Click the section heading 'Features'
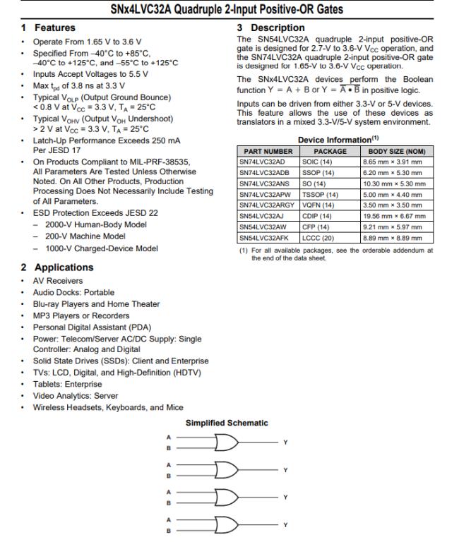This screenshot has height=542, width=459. click(x=54, y=28)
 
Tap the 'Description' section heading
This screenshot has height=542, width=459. click(x=276, y=28)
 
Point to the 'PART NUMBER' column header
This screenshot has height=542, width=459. click(x=268, y=151)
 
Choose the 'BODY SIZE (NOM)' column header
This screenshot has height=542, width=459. click(x=396, y=151)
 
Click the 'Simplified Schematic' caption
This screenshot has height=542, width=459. click(x=227, y=423)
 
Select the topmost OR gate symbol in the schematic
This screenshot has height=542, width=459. click(x=227, y=442)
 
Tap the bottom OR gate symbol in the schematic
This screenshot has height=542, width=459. click(x=227, y=525)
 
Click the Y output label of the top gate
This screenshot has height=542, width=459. click(x=285, y=442)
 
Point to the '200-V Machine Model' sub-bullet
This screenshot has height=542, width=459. click(x=85, y=236)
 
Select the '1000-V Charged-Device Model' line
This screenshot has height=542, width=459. click(x=101, y=248)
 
